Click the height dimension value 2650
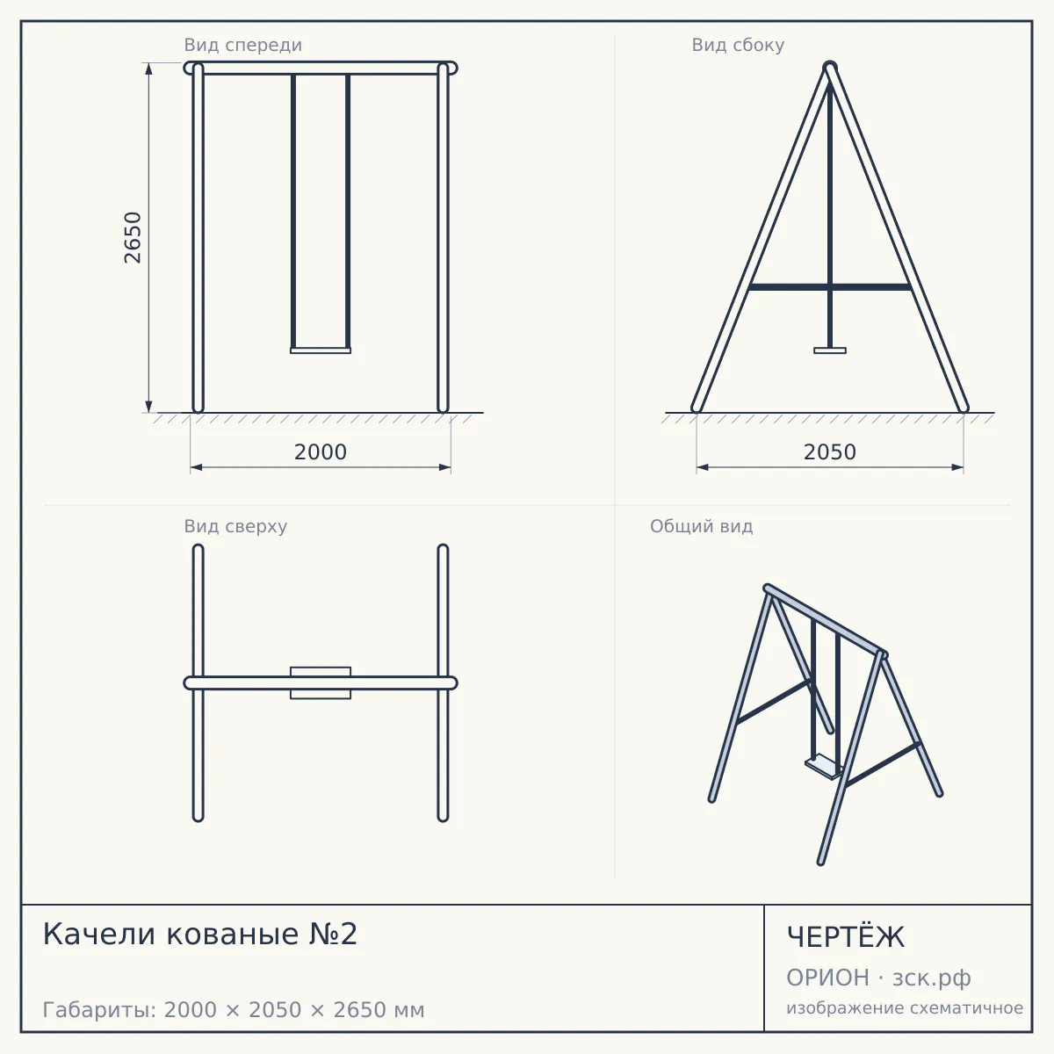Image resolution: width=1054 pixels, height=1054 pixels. (133, 237)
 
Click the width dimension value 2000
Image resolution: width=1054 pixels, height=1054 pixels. (321, 452)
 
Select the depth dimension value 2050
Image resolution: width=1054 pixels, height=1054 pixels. (830, 452)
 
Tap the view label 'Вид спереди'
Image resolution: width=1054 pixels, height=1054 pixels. (242, 45)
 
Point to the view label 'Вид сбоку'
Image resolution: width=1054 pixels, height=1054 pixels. (738, 45)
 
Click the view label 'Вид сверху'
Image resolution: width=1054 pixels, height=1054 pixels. (235, 526)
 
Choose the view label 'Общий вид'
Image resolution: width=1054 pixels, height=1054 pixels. (701, 526)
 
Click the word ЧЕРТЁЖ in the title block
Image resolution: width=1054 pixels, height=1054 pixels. (846, 937)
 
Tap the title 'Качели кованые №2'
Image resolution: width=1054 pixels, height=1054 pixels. (200, 934)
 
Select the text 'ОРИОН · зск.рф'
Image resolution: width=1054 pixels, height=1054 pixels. (878, 978)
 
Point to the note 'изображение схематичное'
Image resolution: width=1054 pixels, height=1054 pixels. (905, 1007)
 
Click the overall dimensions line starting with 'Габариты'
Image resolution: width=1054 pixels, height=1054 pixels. (234, 1010)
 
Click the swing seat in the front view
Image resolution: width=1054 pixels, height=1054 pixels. (321, 350)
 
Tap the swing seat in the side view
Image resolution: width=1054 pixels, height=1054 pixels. (830, 350)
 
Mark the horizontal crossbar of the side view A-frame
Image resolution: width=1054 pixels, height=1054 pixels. (830, 286)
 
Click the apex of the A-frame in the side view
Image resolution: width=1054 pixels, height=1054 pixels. (830, 66)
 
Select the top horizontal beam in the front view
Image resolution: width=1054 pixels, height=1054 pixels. (321, 68)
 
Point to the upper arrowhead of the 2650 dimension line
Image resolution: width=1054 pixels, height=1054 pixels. (148, 68)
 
